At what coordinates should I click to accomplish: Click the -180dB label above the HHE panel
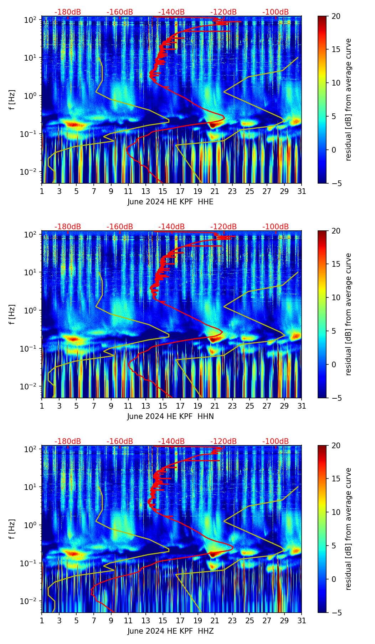(68, 12)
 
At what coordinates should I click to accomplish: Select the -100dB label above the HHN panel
(276, 227)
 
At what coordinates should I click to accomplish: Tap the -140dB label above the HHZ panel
(171, 441)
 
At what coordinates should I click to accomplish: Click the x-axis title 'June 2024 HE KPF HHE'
(170, 202)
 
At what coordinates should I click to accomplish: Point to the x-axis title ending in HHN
(170, 416)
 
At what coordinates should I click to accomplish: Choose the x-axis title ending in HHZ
(170, 631)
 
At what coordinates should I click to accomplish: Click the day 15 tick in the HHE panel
(163, 191)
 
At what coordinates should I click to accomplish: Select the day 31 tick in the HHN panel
(302, 406)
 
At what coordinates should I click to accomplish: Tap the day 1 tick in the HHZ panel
(42, 621)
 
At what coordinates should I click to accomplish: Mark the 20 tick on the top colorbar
(335, 16)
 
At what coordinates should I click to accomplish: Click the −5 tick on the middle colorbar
(335, 398)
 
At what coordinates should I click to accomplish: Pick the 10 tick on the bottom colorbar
(335, 512)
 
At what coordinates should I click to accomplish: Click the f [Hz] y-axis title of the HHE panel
(12, 99)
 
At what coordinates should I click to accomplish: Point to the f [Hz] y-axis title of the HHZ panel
(12, 529)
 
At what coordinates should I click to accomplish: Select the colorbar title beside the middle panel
(348, 314)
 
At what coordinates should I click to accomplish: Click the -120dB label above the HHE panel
(224, 12)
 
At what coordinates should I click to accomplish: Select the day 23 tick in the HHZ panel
(232, 621)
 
